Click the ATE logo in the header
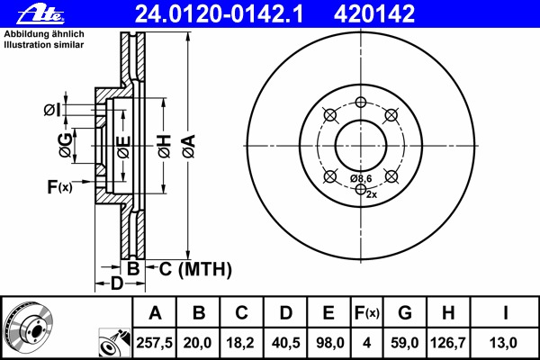pyautogui.click(x=40, y=14)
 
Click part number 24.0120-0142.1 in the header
pyautogui.click(x=219, y=14)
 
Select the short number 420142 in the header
pyautogui.click(x=374, y=14)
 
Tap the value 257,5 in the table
pyautogui.click(x=154, y=343)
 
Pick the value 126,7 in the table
pyautogui.click(x=448, y=343)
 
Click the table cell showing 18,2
pyautogui.click(x=241, y=343)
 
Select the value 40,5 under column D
pyautogui.click(x=285, y=343)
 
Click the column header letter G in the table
pyautogui.click(x=405, y=313)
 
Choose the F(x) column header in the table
pyautogui.click(x=367, y=313)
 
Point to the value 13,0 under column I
pyautogui.click(x=503, y=343)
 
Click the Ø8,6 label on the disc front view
pyautogui.click(x=362, y=178)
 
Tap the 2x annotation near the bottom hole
pyautogui.click(x=372, y=194)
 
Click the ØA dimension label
pyautogui.click(x=189, y=146)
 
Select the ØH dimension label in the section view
pyautogui.click(x=165, y=146)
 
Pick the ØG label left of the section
pyautogui.click(x=66, y=145)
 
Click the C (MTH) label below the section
pyautogui.click(x=195, y=269)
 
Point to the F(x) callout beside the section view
pyautogui.click(x=59, y=187)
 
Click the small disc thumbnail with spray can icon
pyautogui.click(x=115, y=343)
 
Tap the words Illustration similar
pyautogui.click(x=44, y=45)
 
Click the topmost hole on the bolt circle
pyautogui.click(x=361, y=102)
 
